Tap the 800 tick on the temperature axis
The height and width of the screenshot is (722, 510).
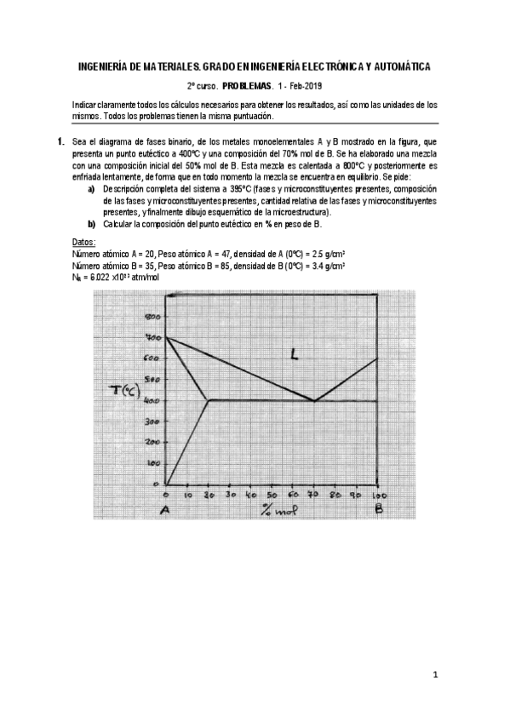tap(154, 316)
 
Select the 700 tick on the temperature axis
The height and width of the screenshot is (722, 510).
tap(153, 338)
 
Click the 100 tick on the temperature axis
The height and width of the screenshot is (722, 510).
tap(154, 463)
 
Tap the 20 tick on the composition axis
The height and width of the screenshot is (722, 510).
tap(208, 495)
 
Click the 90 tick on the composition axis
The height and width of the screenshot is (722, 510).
tap(357, 495)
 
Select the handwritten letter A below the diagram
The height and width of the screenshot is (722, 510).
tap(166, 511)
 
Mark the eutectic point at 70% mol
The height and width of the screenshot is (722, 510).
tap(315, 400)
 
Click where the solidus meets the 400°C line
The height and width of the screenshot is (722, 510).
tap(209, 400)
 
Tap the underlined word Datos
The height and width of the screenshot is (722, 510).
tap(83, 244)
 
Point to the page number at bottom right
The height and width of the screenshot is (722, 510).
tap(434, 676)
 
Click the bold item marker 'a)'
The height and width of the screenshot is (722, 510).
tap(91, 188)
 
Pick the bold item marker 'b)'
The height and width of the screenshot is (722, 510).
tap(91, 224)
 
